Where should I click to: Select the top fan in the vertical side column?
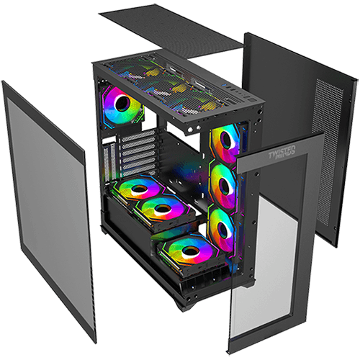click(226, 140)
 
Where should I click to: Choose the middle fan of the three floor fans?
click(160, 209)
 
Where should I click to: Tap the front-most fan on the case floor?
click(189, 251)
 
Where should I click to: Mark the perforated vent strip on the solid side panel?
click(325, 101)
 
